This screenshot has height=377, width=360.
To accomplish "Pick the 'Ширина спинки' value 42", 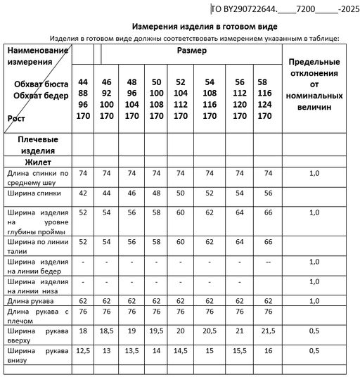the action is pyautogui.click(x=83, y=192).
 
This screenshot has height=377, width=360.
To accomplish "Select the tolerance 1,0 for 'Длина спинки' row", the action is pyautogui.click(x=314, y=173).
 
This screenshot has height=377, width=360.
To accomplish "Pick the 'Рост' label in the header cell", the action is pyautogui.click(x=16, y=119).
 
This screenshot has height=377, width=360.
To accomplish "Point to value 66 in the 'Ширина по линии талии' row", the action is pyautogui.click(x=267, y=241).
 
